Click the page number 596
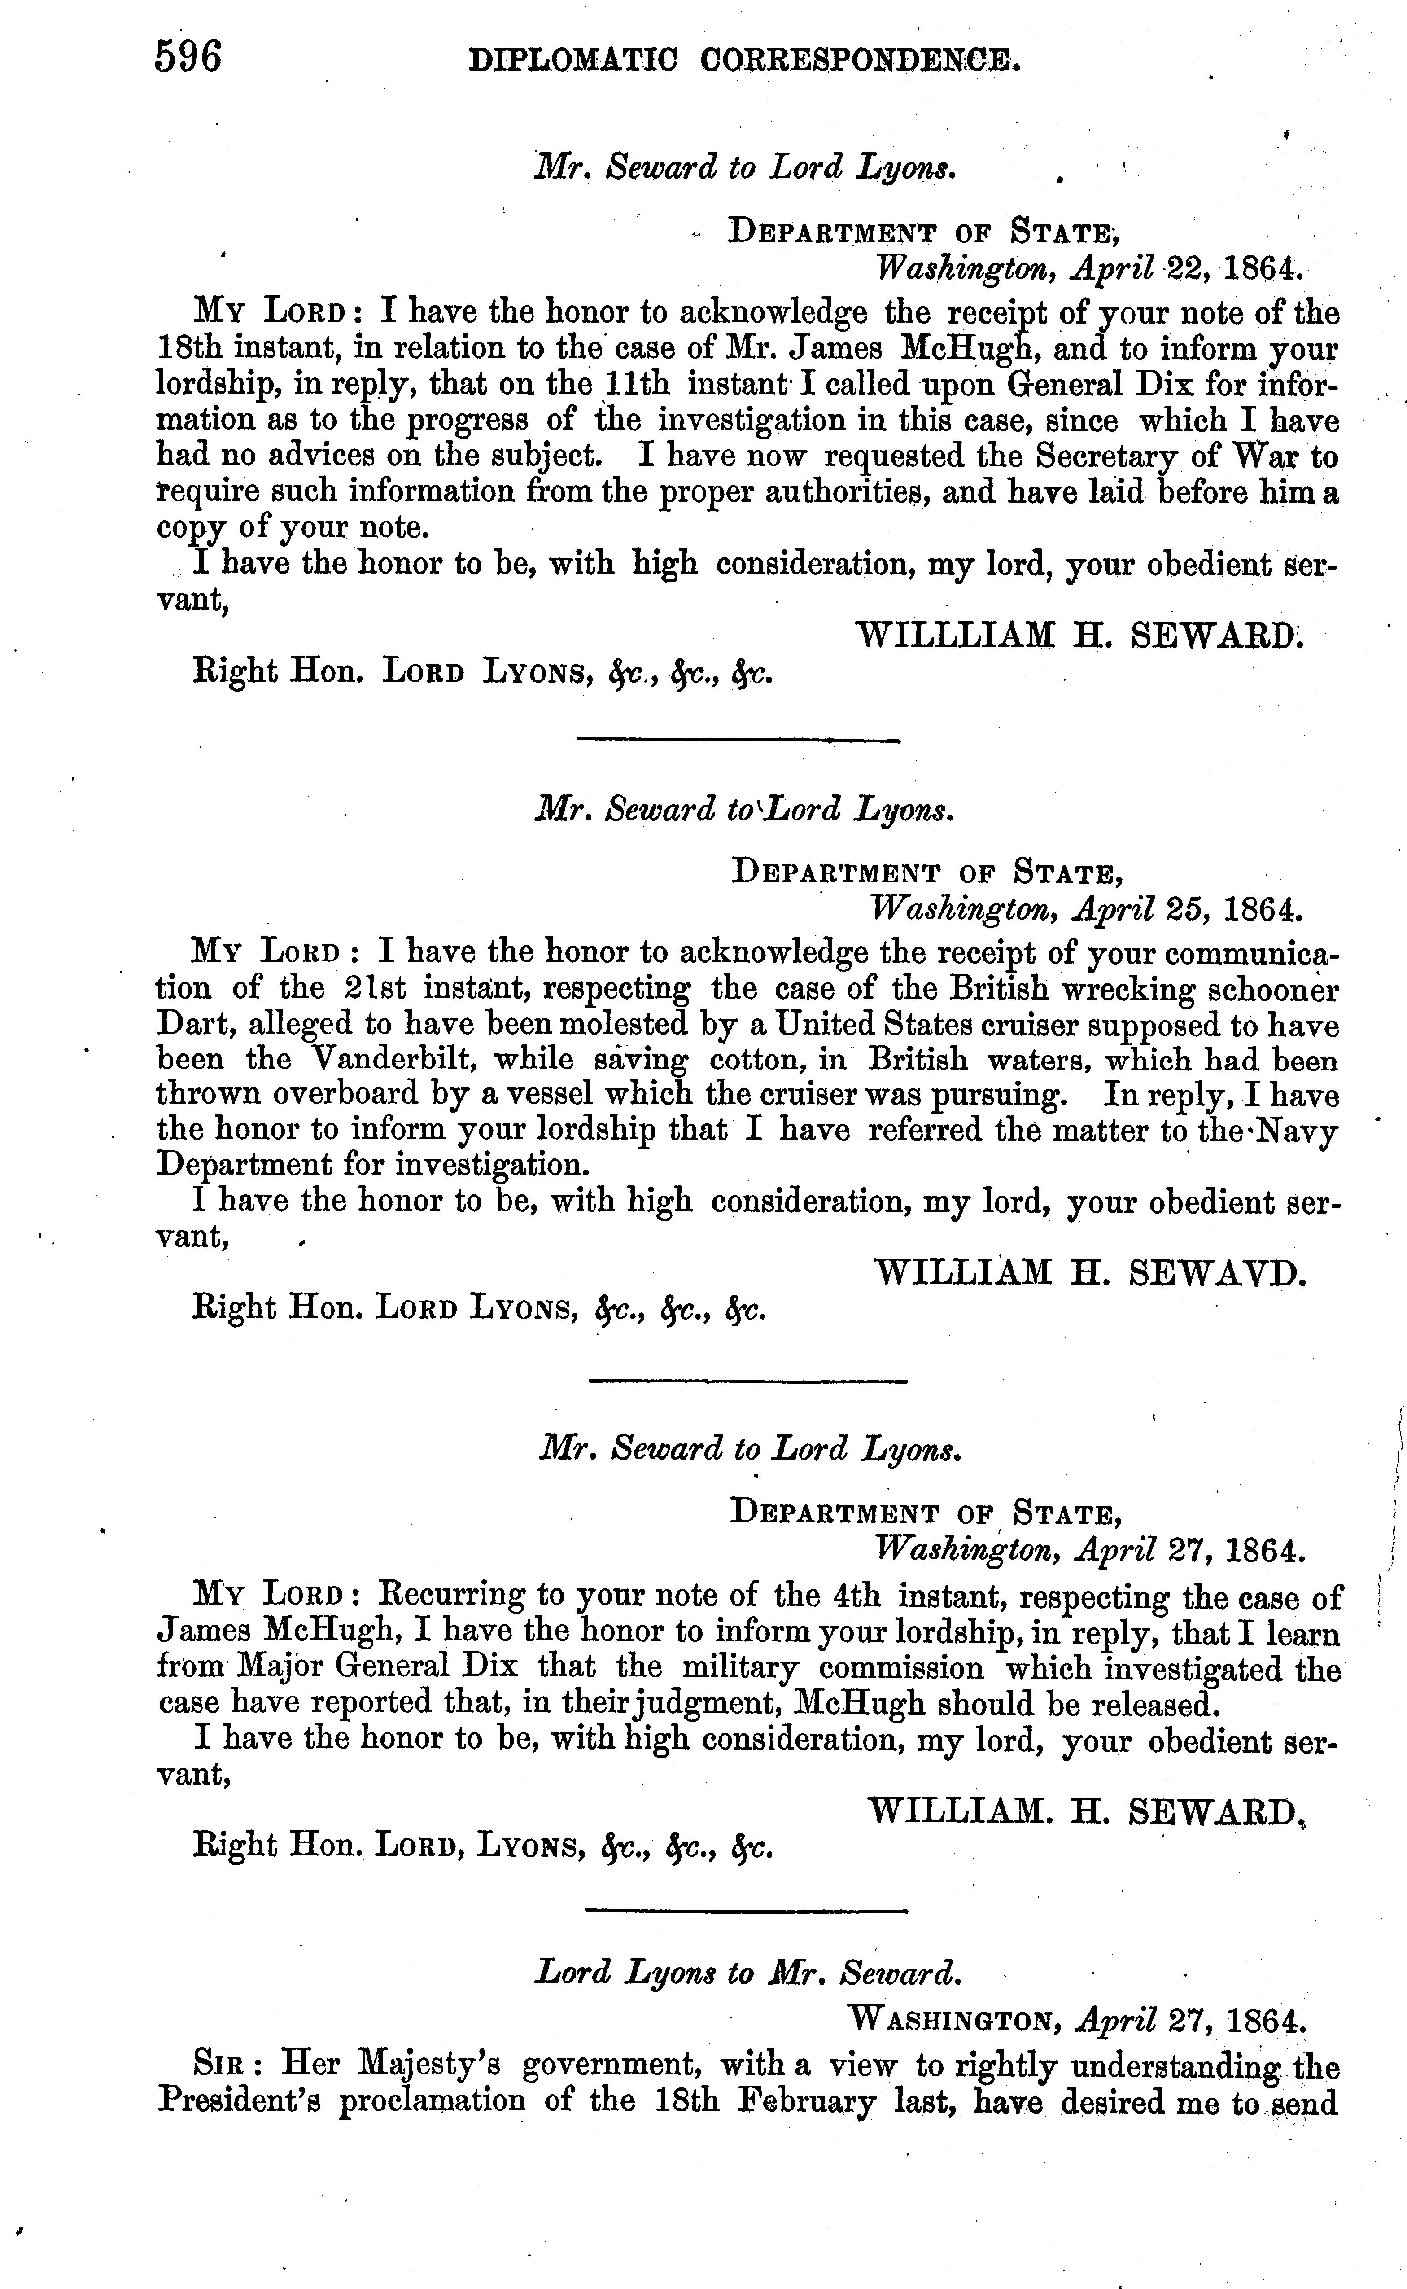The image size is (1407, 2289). click(x=189, y=58)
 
